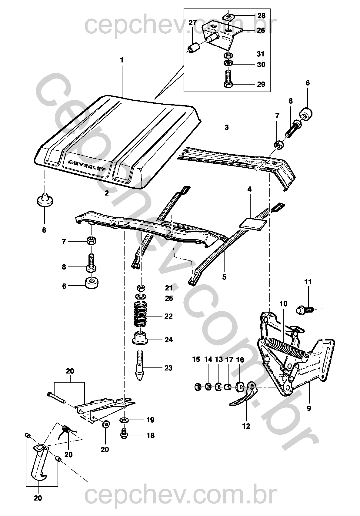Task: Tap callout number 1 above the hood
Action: click(122, 60)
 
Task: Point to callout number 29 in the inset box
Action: click(261, 84)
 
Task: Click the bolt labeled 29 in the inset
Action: click(228, 79)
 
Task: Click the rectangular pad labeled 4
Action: click(253, 223)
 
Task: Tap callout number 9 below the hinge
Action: click(309, 409)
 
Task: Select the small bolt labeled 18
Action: click(124, 434)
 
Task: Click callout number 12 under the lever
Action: click(246, 426)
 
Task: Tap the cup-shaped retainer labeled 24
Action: click(140, 339)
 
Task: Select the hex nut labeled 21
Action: click(141, 288)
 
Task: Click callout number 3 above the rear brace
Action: click(227, 127)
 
